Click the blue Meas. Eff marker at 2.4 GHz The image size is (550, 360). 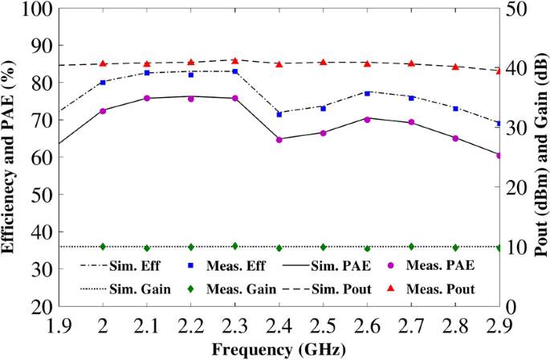[279, 114]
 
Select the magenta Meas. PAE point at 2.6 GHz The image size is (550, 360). [367, 120]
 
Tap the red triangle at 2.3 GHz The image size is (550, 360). [235, 60]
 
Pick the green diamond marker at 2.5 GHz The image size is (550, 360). [324, 247]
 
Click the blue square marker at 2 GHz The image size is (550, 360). [103, 82]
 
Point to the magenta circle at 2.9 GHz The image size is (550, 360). [499, 155]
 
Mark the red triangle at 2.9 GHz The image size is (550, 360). [499, 71]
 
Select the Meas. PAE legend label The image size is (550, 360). [441, 264]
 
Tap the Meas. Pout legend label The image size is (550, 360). [440, 288]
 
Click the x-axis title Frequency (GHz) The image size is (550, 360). [279, 349]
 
